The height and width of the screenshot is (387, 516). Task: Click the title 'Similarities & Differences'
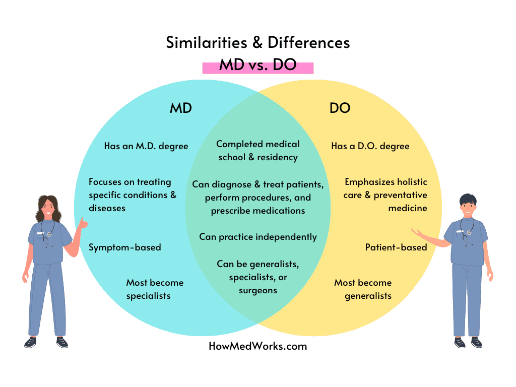[x=257, y=42]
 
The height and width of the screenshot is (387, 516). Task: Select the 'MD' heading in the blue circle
[x=180, y=108]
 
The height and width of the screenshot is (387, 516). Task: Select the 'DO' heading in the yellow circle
[x=340, y=108]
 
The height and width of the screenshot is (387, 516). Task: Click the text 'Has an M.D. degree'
[x=146, y=146]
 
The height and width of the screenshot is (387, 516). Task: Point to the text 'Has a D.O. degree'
[x=370, y=146]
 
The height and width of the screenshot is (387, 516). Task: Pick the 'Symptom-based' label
[x=125, y=247]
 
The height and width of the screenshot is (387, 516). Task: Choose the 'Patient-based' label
[x=396, y=247]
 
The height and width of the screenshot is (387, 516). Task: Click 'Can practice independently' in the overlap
[x=257, y=236]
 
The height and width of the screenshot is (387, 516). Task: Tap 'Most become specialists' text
[x=154, y=289]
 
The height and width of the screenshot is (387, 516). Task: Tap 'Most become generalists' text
[x=363, y=289]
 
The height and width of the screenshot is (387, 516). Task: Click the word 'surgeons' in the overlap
[x=257, y=290]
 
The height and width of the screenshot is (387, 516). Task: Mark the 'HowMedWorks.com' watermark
[x=257, y=346]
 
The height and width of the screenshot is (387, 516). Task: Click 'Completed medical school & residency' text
[x=257, y=151]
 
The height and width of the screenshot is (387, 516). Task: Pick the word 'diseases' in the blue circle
[x=107, y=208]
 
